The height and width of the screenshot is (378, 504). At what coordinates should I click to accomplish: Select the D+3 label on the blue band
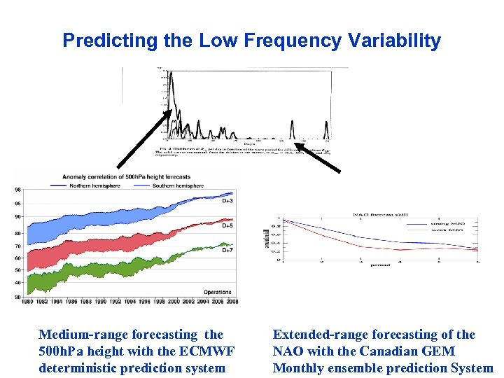point(228,201)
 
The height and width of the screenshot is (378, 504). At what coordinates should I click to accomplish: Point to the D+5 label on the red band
point(228,226)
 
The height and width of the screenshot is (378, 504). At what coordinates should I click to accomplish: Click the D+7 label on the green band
point(228,250)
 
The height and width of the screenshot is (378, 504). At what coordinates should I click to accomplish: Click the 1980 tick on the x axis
point(27,301)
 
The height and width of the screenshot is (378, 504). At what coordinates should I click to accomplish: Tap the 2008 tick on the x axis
point(232,301)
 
